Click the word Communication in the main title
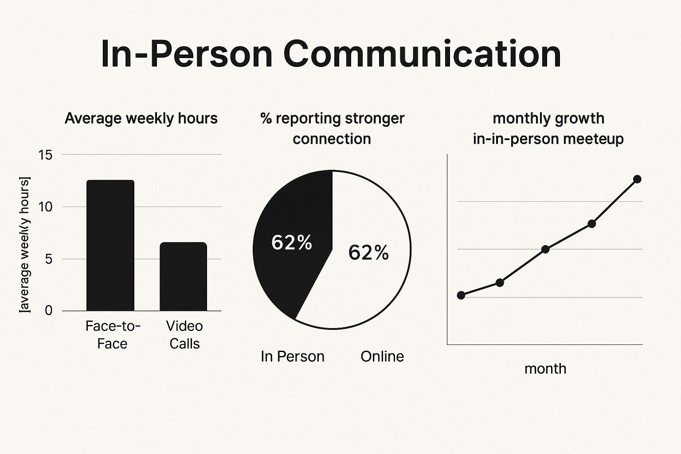point(422,54)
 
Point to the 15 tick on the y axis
point(45,155)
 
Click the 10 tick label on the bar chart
point(45,207)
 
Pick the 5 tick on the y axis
point(48,259)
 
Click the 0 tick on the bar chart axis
point(48,310)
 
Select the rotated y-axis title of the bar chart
point(25,245)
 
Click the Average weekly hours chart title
point(141,118)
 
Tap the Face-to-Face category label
point(113,335)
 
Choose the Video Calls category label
point(184,335)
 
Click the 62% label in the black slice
point(292,243)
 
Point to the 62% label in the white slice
point(368,253)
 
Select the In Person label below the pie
point(293,356)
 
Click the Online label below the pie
point(382,356)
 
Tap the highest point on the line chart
point(638,179)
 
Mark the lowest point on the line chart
point(461,295)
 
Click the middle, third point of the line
point(545,249)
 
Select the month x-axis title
point(545,369)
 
